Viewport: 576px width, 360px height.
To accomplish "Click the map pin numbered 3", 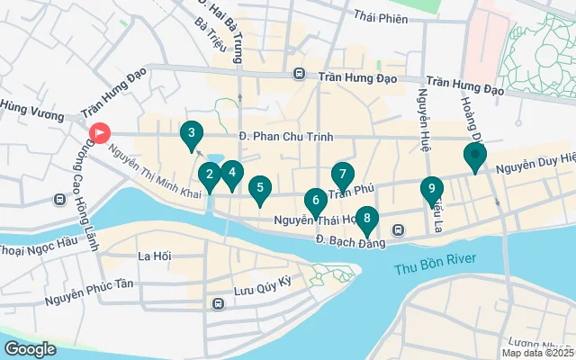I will pos(190,135).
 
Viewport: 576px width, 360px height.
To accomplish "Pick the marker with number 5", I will pos(260,188).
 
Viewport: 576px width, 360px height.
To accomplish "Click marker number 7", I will pos(343,175).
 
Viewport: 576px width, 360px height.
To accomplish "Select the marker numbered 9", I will pos(432,189).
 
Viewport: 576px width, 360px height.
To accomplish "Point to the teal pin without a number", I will pos(475,157).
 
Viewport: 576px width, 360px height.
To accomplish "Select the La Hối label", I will pos(154,256).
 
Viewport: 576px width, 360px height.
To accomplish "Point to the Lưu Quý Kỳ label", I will pos(264,282).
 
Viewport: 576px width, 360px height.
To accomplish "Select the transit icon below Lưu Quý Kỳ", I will pos(218,304).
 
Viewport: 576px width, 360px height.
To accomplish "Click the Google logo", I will pos(30,348).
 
